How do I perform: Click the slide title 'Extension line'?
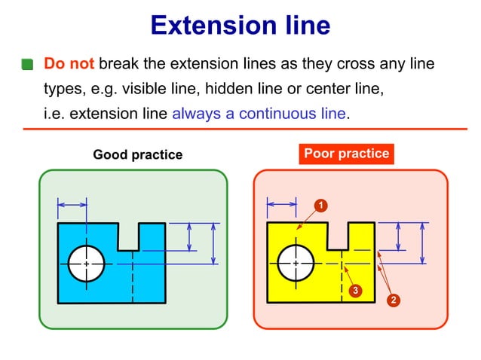(240, 26)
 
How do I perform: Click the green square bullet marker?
(28, 66)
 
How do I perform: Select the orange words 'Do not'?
(69, 64)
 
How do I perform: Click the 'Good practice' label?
(137, 154)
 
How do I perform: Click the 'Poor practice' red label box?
(346, 154)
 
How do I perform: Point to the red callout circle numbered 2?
(393, 300)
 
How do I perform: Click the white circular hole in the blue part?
(86, 264)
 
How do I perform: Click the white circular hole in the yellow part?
(296, 264)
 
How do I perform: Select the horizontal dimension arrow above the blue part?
(72, 203)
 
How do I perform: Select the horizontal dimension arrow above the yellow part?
(282, 203)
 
